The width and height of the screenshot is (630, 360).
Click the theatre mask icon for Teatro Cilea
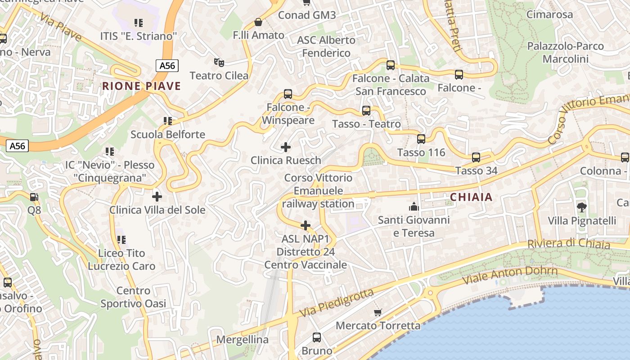click(219, 62)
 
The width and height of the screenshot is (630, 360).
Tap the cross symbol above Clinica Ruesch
click(286, 147)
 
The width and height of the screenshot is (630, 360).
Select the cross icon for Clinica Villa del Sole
click(157, 196)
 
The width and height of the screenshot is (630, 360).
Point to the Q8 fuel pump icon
click(34, 197)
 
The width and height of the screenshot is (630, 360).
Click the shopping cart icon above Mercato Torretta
click(378, 312)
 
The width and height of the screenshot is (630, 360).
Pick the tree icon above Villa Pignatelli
click(581, 207)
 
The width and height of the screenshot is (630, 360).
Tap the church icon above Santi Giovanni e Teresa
click(414, 207)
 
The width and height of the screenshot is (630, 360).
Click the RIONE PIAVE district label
click(141, 86)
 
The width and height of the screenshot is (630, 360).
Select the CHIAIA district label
click(471, 197)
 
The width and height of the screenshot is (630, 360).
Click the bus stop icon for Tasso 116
click(421, 139)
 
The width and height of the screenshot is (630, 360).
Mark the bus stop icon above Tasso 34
click(476, 157)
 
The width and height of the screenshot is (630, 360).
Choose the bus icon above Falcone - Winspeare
click(288, 94)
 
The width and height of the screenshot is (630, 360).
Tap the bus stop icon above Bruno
click(317, 337)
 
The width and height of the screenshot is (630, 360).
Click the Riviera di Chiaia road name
click(569, 244)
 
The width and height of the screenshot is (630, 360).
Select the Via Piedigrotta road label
click(337, 302)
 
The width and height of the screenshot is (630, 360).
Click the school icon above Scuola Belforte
click(168, 121)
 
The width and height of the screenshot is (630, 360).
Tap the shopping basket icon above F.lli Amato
click(258, 22)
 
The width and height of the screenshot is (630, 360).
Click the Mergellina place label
click(242, 340)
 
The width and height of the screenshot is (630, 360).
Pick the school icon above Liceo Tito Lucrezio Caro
click(121, 240)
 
